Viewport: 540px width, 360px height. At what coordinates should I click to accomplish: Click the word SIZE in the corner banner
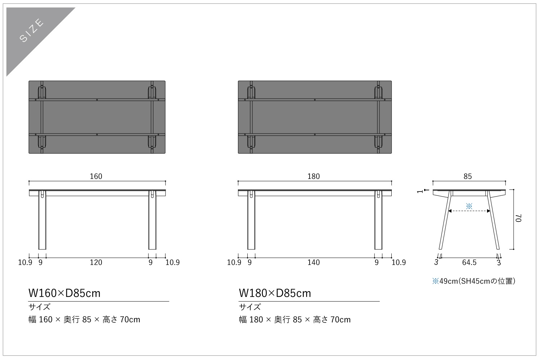[32, 30]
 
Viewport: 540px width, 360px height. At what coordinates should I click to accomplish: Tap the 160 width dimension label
[96, 176]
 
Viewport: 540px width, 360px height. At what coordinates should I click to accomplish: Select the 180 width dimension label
[314, 176]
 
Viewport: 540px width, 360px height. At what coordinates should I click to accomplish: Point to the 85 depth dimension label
[467, 176]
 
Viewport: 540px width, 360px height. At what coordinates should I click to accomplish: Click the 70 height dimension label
[518, 218]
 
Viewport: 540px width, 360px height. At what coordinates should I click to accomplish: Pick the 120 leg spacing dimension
[96, 262]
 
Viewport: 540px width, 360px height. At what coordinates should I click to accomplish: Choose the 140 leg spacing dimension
[314, 262]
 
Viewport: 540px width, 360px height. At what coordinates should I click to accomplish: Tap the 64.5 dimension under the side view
[469, 262]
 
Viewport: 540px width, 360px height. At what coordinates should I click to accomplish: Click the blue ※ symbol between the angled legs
[469, 206]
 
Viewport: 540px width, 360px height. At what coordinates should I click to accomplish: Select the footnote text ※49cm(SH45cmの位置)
[474, 281]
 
